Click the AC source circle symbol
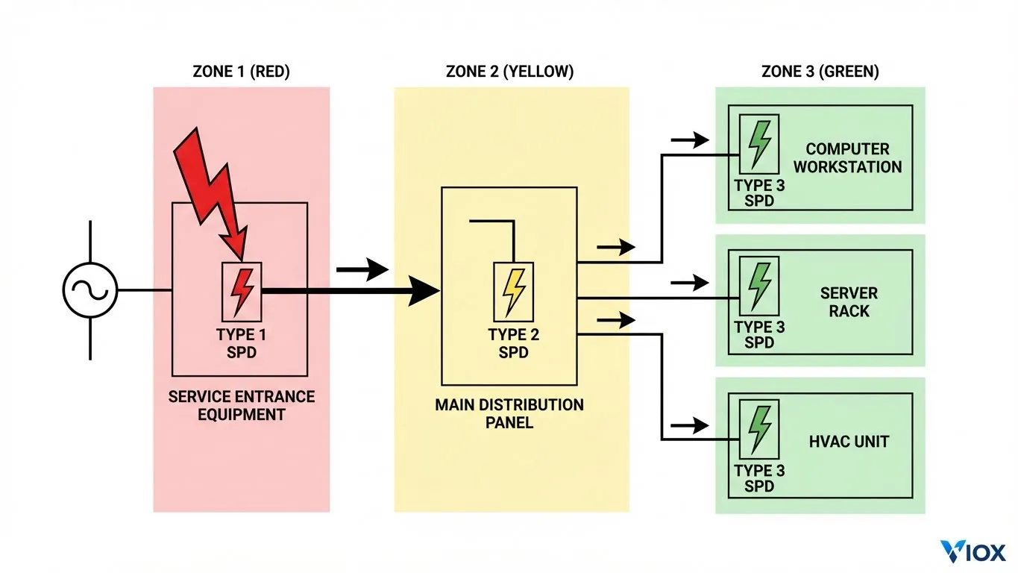pyautogui.click(x=90, y=290)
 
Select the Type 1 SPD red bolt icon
pyautogui.click(x=242, y=292)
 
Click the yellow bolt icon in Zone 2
pyautogui.click(x=513, y=292)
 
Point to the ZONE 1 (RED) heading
pyautogui.click(x=241, y=72)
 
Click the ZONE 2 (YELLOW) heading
pyautogui.click(x=510, y=72)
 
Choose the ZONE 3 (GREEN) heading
pyautogui.click(x=820, y=72)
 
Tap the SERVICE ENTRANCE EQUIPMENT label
pyautogui.click(x=242, y=405)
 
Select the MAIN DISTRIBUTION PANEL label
pyautogui.click(x=509, y=413)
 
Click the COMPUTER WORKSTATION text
pyautogui.click(x=847, y=158)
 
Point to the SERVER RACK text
pyautogui.click(x=849, y=302)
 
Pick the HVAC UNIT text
pyautogui.click(x=849, y=442)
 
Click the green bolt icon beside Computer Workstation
pyautogui.click(x=759, y=144)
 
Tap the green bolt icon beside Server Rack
pyautogui.click(x=759, y=286)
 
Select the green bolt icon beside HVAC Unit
pyautogui.click(x=759, y=429)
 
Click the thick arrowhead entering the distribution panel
pyautogui.click(x=425, y=291)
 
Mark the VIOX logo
pyautogui.click(x=973, y=551)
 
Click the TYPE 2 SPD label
pyautogui.click(x=513, y=343)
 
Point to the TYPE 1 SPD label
pyautogui.click(x=242, y=343)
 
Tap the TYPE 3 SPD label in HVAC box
pyautogui.click(x=759, y=478)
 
